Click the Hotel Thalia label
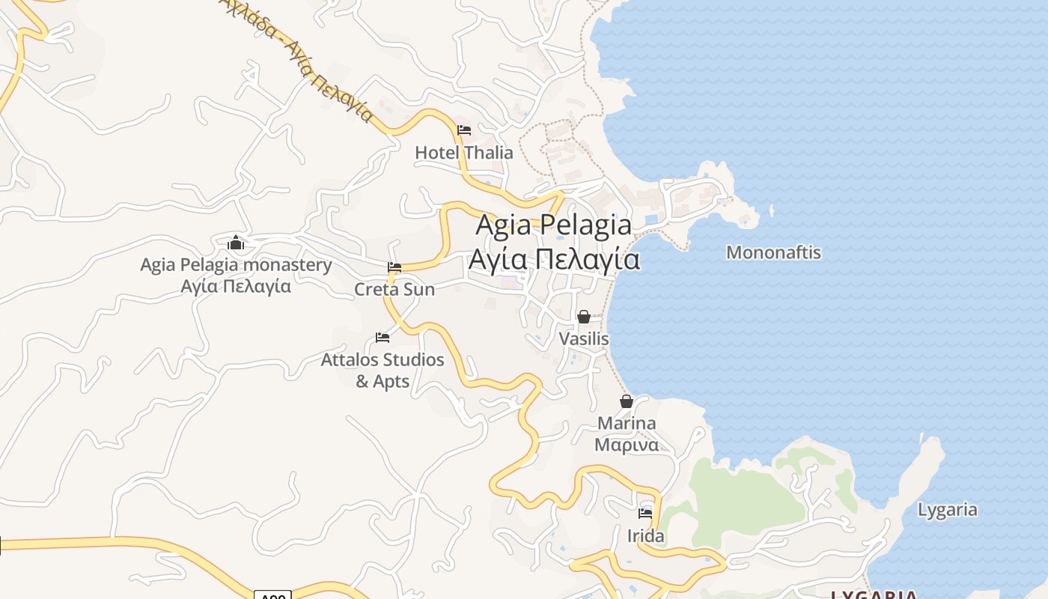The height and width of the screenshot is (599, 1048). [x=464, y=153]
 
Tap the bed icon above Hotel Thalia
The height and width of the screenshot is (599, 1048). [x=464, y=130]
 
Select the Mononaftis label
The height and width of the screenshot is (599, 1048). [x=773, y=252]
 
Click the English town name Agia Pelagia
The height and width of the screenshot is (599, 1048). [x=554, y=224]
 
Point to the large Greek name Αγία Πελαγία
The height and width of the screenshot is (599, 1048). [x=554, y=259]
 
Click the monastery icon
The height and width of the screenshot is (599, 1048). [x=236, y=243]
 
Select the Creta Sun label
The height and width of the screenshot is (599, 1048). [x=394, y=289]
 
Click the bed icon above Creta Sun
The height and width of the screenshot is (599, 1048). [x=394, y=267]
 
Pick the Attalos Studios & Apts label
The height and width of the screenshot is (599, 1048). [x=383, y=371]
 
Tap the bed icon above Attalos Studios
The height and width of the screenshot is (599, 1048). [x=383, y=338]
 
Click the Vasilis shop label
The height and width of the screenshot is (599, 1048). [x=584, y=339]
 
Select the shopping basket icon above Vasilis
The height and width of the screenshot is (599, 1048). [x=584, y=317]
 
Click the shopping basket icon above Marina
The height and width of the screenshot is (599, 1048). [x=627, y=401]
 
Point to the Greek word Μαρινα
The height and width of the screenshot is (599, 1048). [x=627, y=445]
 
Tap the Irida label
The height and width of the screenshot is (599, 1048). [x=645, y=536]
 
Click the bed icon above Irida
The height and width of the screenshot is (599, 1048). [x=645, y=514]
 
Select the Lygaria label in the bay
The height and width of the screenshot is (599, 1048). [x=948, y=510]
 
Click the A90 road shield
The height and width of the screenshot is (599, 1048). [x=272, y=595]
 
